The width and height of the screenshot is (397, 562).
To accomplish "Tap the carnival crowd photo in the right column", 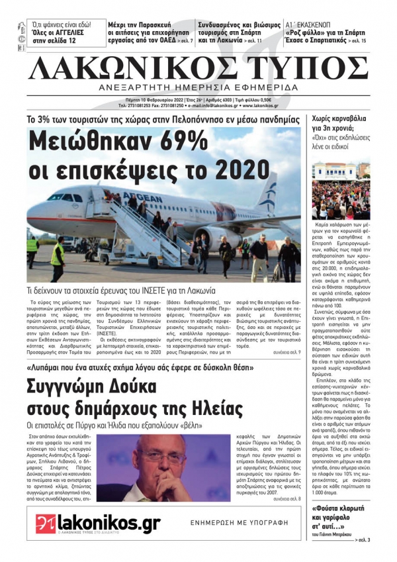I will pos(341,189).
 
